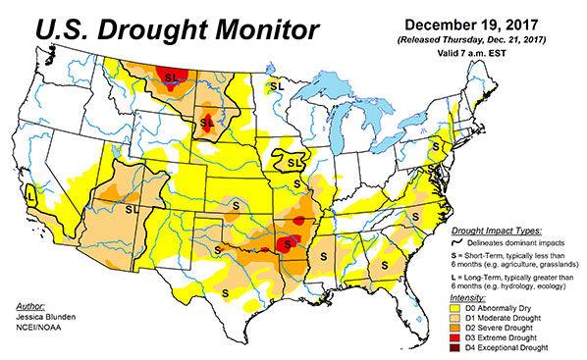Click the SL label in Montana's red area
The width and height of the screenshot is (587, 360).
click(173, 77)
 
